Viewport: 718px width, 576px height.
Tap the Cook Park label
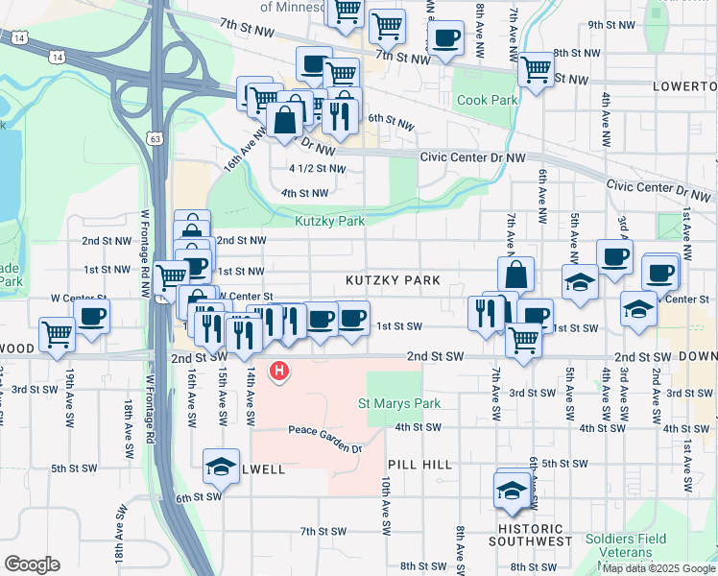[x=488, y=101]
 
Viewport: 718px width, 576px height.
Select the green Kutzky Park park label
[x=329, y=221]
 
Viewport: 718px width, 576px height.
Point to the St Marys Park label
[x=398, y=403]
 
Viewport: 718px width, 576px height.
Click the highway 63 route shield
[x=156, y=138]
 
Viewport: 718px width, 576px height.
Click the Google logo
[x=32, y=564]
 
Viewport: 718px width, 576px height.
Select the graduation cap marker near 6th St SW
[x=222, y=468]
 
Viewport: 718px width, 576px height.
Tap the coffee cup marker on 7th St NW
[x=444, y=39]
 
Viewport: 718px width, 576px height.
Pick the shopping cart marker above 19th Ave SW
[x=58, y=333]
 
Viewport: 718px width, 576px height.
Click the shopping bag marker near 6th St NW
[x=286, y=121]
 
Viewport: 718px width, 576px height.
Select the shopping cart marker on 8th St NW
[x=536, y=68]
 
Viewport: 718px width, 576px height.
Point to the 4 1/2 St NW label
[x=317, y=168]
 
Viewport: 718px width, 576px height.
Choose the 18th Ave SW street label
[x=128, y=428]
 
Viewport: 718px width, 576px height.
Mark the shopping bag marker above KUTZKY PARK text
[x=515, y=274]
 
